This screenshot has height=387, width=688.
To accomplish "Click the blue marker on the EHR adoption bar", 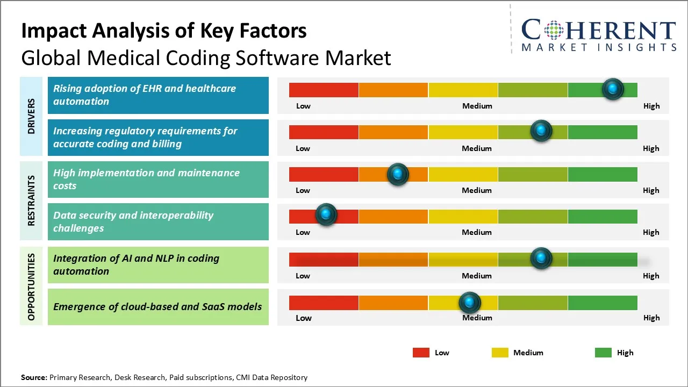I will coord(613,89).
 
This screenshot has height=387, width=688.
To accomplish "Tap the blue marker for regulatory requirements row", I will coord(541,131).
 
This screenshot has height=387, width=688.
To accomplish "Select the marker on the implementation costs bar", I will coord(398,174).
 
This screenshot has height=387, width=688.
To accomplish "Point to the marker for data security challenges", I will coord(326,214).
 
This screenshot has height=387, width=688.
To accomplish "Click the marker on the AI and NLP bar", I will coord(541,259).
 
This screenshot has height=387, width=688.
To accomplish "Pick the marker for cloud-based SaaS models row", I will coord(470,303).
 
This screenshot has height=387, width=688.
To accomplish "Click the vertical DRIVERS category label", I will coord(32,116).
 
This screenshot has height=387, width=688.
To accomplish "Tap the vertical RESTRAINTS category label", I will coord(32,200).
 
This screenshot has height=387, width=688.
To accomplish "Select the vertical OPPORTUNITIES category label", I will coord(32,286).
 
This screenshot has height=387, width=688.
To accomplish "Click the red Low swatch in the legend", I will coord(421,353).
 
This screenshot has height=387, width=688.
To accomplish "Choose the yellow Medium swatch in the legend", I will coord(500,353).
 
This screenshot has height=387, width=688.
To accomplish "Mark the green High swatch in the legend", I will coord(603,353).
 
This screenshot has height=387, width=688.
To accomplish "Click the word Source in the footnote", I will coord(33,377).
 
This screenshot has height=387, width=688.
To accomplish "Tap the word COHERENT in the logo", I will coord(598,31).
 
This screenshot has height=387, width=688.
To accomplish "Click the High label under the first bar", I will coord(651,106).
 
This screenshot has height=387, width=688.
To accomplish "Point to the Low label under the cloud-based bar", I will coord(303,318).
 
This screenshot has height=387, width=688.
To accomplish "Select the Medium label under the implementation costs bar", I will coord(477,190).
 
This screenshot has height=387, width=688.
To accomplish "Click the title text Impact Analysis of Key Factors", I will coord(164,31).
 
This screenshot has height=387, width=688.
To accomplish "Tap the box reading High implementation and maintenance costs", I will coord(157,180).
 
